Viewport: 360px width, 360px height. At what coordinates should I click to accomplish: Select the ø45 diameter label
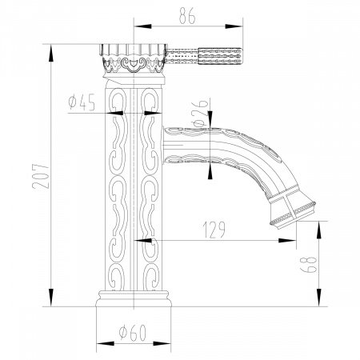point(83,102)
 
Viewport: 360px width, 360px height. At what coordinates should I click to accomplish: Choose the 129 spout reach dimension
point(211,230)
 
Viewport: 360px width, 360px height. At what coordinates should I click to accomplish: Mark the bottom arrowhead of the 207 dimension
point(54,306)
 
